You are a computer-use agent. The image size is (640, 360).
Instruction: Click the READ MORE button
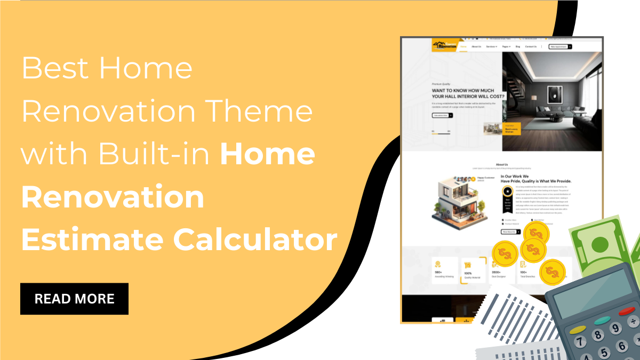(74, 299)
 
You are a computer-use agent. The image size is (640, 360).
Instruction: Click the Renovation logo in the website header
(444, 46)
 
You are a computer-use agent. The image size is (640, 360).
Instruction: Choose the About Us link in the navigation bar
(476, 47)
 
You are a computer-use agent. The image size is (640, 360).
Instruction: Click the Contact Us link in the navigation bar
(531, 47)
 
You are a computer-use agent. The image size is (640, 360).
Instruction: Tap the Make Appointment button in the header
(560, 47)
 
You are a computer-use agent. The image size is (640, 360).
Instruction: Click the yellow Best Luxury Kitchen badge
(511, 129)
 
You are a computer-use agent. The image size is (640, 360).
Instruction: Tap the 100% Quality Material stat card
(474, 270)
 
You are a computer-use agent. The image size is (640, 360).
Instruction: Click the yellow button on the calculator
(578, 329)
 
